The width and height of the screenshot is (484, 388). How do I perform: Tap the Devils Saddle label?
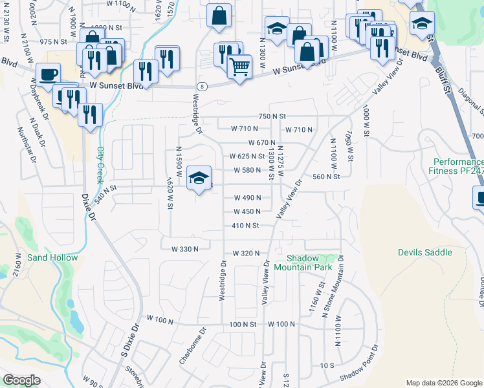click(x=424, y=252)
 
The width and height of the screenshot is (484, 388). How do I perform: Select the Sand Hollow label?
click(x=52, y=257)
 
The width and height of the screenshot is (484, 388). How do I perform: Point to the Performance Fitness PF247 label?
click(x=458, y=166)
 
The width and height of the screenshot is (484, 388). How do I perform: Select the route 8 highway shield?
click(x=203, y=86)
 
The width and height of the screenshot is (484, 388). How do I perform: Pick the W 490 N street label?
click(x=247, y=198)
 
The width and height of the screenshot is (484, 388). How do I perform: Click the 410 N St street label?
click(x=245, y=226)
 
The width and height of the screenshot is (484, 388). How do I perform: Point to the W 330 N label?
click(x=184, y=249)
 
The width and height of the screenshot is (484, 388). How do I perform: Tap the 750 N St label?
click(x=272, y=116)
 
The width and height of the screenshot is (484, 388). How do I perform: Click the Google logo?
click(x=21, y=380)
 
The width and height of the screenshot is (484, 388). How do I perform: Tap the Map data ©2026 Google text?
click(x=444, y=383)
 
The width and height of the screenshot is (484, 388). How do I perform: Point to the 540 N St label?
click(x=104, y=192)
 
